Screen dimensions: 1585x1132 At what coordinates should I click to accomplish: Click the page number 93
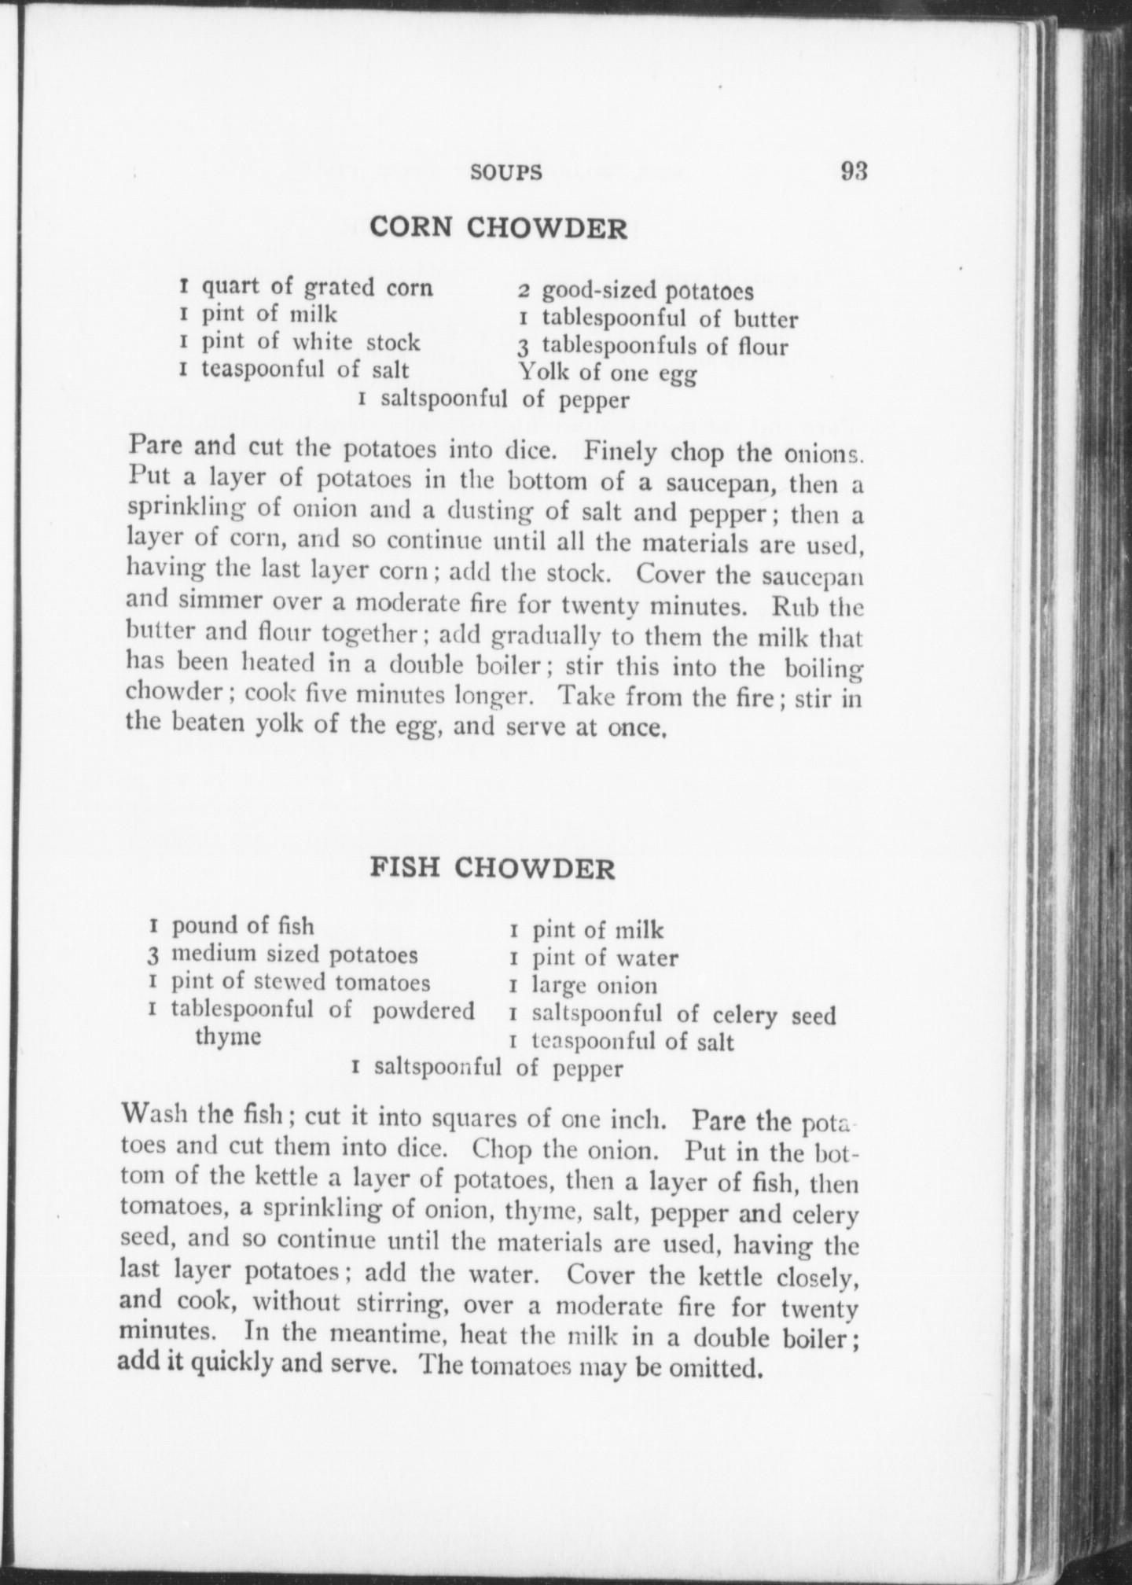tap(854, 171)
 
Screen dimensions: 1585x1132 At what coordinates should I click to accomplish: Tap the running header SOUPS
tap(506, 173)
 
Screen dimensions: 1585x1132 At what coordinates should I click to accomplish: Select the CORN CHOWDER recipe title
tap(498, 228)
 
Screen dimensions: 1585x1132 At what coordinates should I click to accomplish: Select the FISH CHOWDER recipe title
tap(492, 868)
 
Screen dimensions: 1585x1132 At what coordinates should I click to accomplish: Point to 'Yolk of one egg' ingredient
tap(606, 373)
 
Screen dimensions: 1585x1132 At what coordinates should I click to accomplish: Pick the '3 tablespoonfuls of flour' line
tap(652, 346)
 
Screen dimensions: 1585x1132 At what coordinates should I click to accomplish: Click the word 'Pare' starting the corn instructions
tap(155, 449)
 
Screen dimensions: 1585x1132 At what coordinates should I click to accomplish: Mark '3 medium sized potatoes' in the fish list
tap(283, 954)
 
